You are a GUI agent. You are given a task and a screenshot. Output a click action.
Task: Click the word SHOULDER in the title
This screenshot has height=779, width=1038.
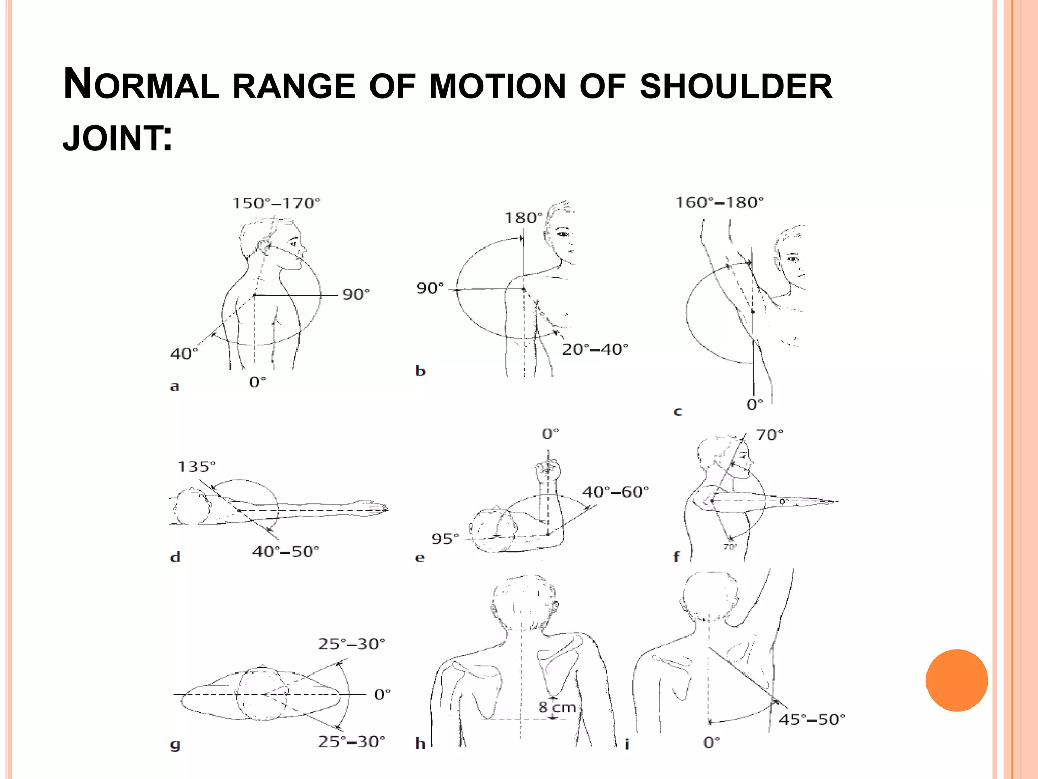(x=736, y=86)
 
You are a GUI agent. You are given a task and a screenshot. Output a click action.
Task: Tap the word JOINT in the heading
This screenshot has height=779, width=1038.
(x=113, y=138)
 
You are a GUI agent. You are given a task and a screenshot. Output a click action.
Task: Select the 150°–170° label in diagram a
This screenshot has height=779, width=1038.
(x=276, y=203)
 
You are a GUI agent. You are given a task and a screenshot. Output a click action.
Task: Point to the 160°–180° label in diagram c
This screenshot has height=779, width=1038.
(x=719, y=203)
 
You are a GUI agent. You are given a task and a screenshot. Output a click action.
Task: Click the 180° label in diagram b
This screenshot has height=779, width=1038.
(x=523, y=218)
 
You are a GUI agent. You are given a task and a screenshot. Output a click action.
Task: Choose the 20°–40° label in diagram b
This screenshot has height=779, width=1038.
(x=595, y=349)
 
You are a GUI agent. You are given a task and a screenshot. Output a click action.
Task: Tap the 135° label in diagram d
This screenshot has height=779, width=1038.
(x=196, y=467)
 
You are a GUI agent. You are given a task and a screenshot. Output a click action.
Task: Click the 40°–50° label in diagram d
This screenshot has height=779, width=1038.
(x=286, y=551)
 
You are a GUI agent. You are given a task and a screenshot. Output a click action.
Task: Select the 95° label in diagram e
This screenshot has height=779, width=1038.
(x=445, y=539)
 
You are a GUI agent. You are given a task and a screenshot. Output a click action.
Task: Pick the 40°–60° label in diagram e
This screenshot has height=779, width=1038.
(x=615, y=492)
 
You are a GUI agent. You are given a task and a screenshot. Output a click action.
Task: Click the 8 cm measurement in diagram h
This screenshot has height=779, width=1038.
(x=557, y=707)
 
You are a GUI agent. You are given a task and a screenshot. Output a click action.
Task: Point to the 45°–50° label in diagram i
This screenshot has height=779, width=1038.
(x=812, y=720)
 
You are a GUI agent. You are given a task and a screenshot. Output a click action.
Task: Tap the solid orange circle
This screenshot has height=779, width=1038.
(x=957, y=680)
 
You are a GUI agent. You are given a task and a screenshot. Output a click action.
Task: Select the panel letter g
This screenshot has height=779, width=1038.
(x=175, y=745)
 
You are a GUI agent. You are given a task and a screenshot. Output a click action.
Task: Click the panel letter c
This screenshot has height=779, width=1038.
(x=678, y=411)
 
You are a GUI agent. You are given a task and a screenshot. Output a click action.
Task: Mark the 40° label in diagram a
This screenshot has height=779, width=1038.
(x=183, y=353)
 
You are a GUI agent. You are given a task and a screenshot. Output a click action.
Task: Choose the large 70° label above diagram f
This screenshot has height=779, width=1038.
(x=769, y=435)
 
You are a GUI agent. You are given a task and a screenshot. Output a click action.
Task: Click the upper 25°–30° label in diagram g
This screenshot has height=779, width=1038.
(x=351, y=644)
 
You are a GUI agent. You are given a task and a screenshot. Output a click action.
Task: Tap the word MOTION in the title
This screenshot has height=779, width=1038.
(x=498, y=86)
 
